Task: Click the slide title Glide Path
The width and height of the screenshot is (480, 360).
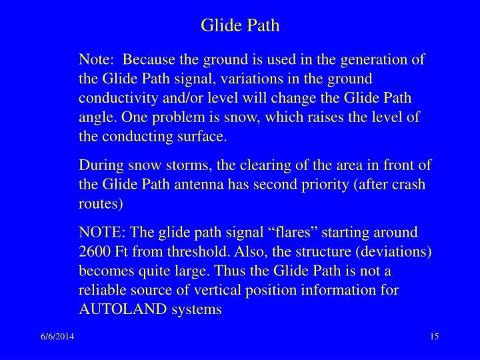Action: pyautogui.click(x=240, y=26)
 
